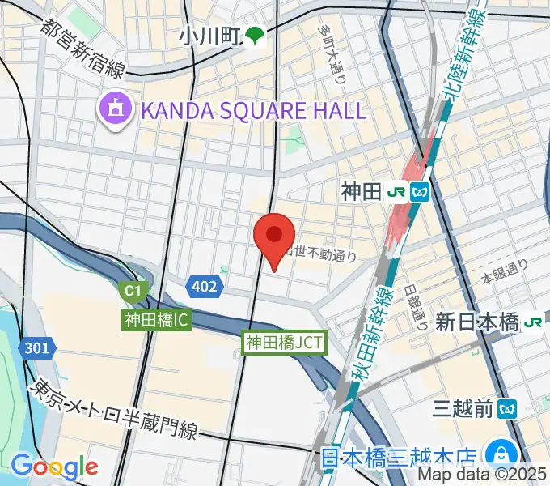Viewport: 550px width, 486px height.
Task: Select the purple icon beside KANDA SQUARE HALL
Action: click(114, 109)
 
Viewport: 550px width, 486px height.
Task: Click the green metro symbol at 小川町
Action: click(256, 36)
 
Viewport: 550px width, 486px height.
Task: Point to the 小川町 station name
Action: click(210, 36)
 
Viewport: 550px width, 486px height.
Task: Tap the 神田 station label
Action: click(359, 192)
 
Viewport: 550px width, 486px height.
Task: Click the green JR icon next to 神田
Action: click(398, 192)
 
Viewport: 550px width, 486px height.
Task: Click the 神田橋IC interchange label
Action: click(157, 320)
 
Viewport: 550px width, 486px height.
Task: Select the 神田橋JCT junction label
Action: click(285, 343)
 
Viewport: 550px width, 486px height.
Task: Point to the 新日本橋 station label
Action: click(476, 323)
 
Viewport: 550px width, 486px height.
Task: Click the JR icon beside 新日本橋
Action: click(533, 323)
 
